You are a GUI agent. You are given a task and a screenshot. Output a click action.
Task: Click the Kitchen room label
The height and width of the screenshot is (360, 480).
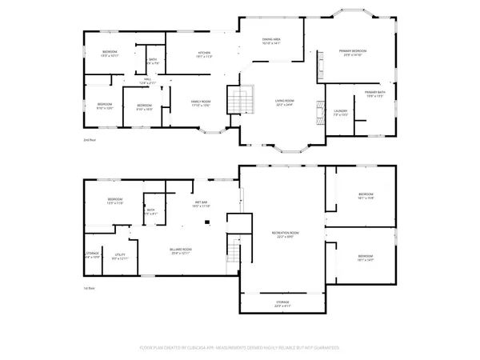click(x=204, y=54)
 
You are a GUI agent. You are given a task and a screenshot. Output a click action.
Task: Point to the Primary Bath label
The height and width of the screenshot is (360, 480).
click(x=376, y=94)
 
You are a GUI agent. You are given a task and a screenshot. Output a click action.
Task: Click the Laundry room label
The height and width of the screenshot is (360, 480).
click(x=340, y=112)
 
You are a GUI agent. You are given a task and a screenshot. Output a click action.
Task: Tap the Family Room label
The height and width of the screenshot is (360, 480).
click(x=199, y=102)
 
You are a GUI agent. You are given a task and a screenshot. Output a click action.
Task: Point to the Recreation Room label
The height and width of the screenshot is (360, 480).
click(x=285, y=234)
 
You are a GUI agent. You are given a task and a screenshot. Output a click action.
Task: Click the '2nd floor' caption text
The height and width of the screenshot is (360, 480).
click(x=90, y=140)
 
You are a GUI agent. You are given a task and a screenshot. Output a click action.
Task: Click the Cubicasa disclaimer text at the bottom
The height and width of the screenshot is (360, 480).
click(x=240, y=348)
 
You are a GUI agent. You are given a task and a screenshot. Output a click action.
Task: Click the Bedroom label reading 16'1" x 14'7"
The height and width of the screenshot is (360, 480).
click(x=366, y=258)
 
